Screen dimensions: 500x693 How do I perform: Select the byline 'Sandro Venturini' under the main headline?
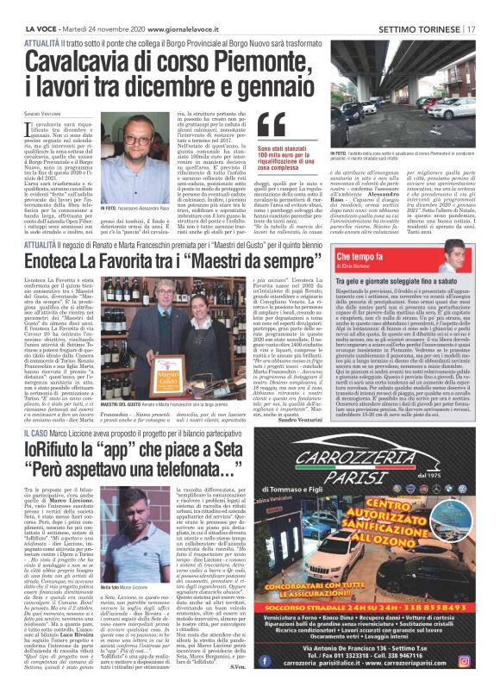(44, 114)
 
